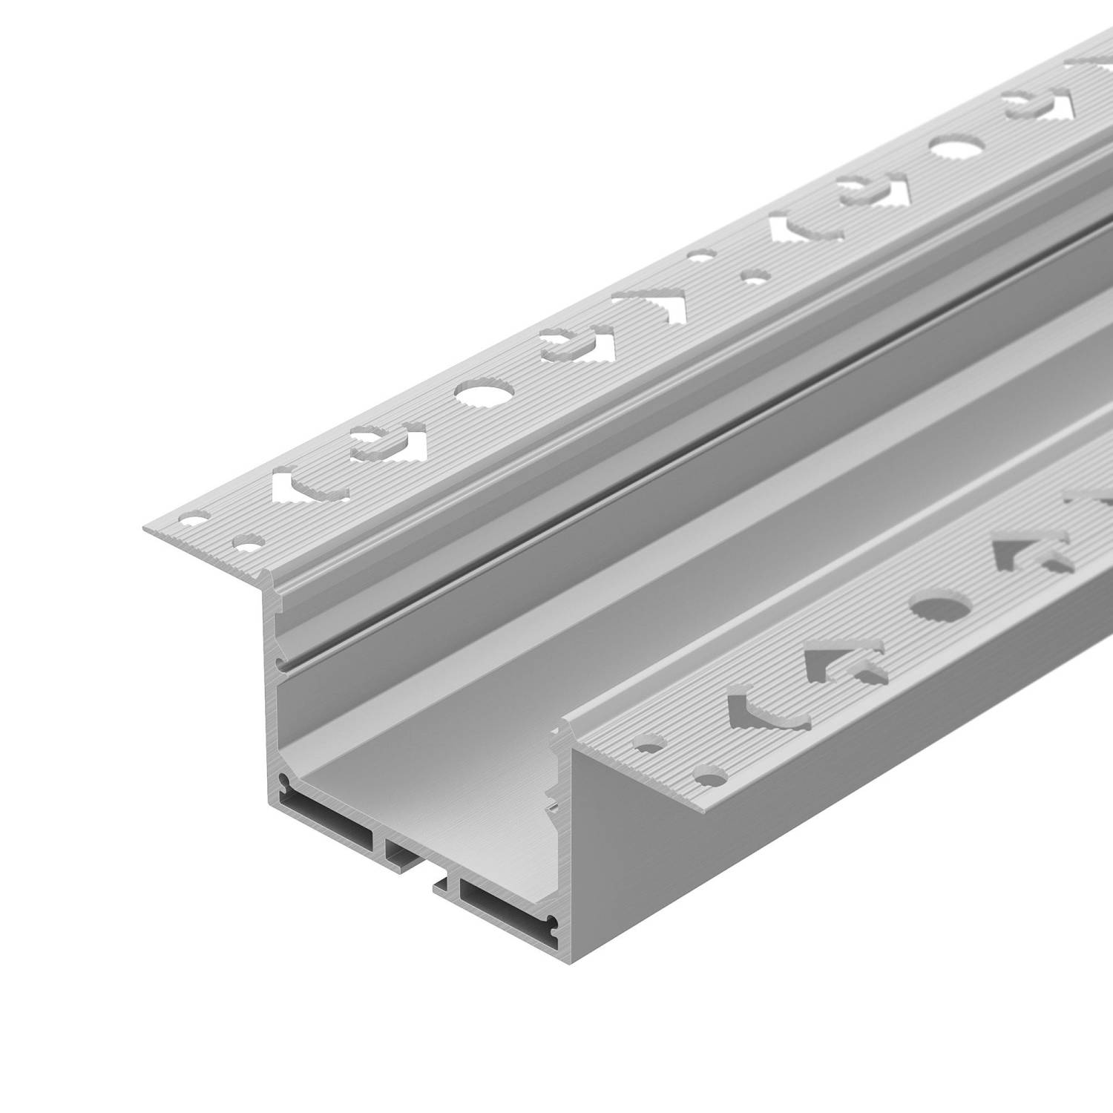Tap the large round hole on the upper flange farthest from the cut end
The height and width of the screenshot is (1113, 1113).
953,148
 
